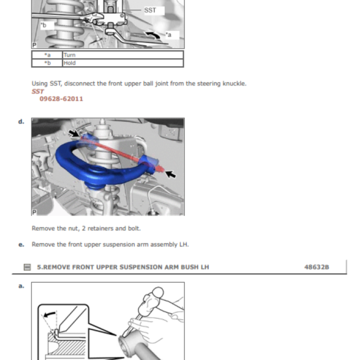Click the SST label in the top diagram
150,10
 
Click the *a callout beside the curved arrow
168,35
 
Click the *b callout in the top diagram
43,25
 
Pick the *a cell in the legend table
47,55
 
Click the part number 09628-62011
61,99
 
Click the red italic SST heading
37,91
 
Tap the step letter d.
21,121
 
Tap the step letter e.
21,245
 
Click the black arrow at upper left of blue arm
75,134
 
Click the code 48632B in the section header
316,267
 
